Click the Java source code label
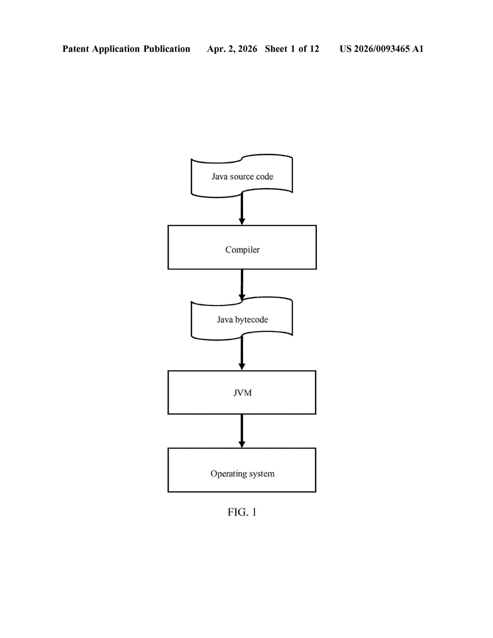[242, 177]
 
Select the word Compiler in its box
[242, 250]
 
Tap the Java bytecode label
[242, 320]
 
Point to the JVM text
[242, 393]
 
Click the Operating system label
[242, 473]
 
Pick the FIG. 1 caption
[242, 512]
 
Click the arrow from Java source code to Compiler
[242, 209]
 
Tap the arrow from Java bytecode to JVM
[242, 353]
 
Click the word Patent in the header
[76, 49]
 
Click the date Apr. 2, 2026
[232, 49]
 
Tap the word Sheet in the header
[276, 49]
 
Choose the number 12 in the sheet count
[314, 49]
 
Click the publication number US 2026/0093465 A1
[381, 49]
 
